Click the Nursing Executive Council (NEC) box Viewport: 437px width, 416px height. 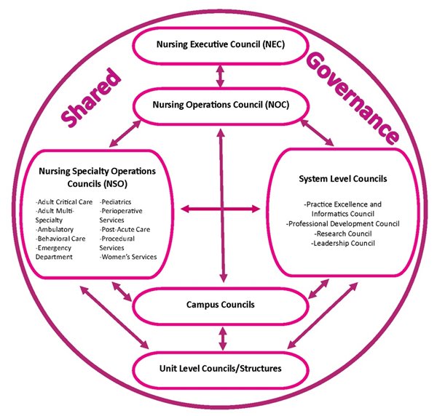click(219, 44)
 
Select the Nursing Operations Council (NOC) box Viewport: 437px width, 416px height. click(220, 105)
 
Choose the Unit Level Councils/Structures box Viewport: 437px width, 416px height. click(219, 368)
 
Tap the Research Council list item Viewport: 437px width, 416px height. click(342, 233)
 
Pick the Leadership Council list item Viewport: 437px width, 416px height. click(342, 244)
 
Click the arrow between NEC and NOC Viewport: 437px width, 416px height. click(219, 75)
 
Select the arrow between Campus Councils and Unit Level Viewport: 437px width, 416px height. click(220, 336)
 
